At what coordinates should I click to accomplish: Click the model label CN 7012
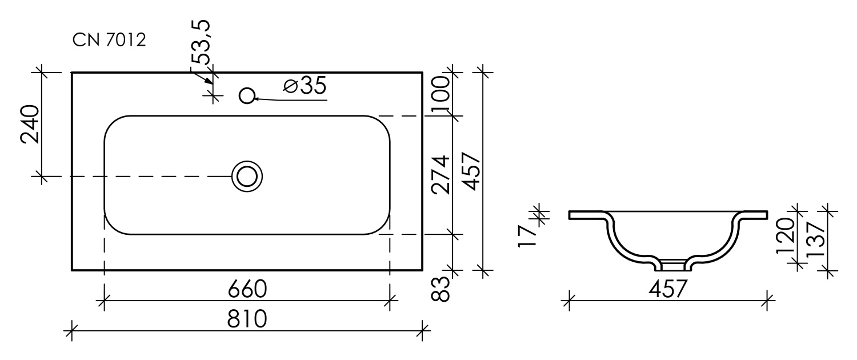[x=109, y=41]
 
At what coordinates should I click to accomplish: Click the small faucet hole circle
[x=247, y=95]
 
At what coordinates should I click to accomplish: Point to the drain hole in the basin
[x=247, y=176]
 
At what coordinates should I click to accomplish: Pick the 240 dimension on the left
[x=30, y=125]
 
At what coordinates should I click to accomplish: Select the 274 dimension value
[x=441, y=175]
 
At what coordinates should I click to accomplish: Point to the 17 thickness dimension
[x=526, y=235]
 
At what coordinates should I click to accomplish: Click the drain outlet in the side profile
[x=672, y=265]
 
